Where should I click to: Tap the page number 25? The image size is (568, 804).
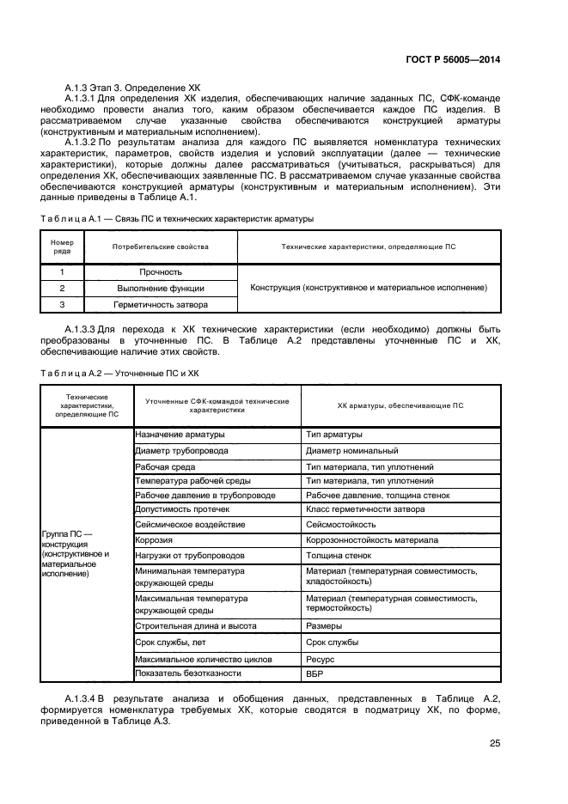pyautogui.click(x=495, y=744)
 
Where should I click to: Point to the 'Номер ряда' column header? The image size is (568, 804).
pyautogui.click(x=63, y=247)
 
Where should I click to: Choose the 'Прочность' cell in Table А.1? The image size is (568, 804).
pyautogui.click(x=161, y=272)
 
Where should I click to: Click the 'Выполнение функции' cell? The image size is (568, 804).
pyautogui.click(x=161, y=289)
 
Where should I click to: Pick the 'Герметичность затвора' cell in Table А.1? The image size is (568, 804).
pyautogui.click(x=161, y=305)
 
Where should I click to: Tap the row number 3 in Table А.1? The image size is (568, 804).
pyautogui.click(x=63, y=305)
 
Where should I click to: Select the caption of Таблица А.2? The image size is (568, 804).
pyautogui.click(x=119, y=374)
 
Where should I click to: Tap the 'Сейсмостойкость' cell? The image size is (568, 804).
pyautogui.click(x=340, y=524)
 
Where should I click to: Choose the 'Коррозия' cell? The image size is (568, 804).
pyautogui.click(x=154, y=540)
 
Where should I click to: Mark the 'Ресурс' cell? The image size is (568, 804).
pyautogui.click(x=320, y=659)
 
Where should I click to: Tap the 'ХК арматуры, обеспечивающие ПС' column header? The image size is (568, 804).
pyautogui.click(x=400, y=405)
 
